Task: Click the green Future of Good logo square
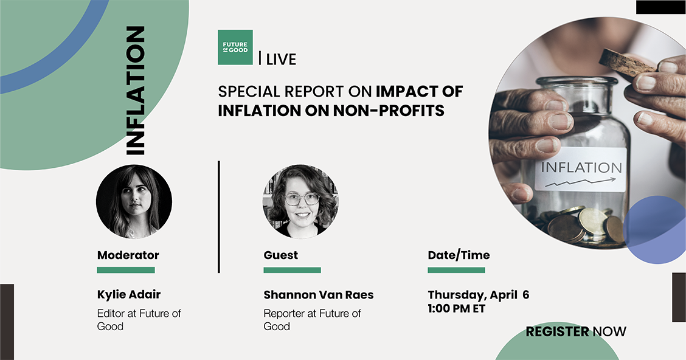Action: tap(235, 47)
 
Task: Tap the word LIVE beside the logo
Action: tap(281, 59)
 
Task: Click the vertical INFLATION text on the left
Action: tap(135, 91)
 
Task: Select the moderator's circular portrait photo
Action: tap(134, 202)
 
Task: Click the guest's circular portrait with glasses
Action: tap(300, 202)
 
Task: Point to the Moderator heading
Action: tap(128, 255)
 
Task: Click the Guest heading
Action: tap(281, 255)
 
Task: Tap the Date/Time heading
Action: tap(459, 255)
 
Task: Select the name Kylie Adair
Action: tap(129, 295)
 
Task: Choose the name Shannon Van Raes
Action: tap(319, 295)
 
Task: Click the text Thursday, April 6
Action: tap(479, 296)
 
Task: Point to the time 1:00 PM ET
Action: tap(457, 308)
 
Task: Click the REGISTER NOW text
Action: tap(576, 331)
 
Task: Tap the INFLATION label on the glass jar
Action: tap(581, 168)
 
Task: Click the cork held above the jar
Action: tap(628, 63)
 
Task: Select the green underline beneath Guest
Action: tap(293, 271)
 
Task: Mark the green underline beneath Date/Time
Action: tap(456, 271)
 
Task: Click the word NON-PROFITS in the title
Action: tap(389, 111)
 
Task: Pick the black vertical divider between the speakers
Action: tap(219, 217)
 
